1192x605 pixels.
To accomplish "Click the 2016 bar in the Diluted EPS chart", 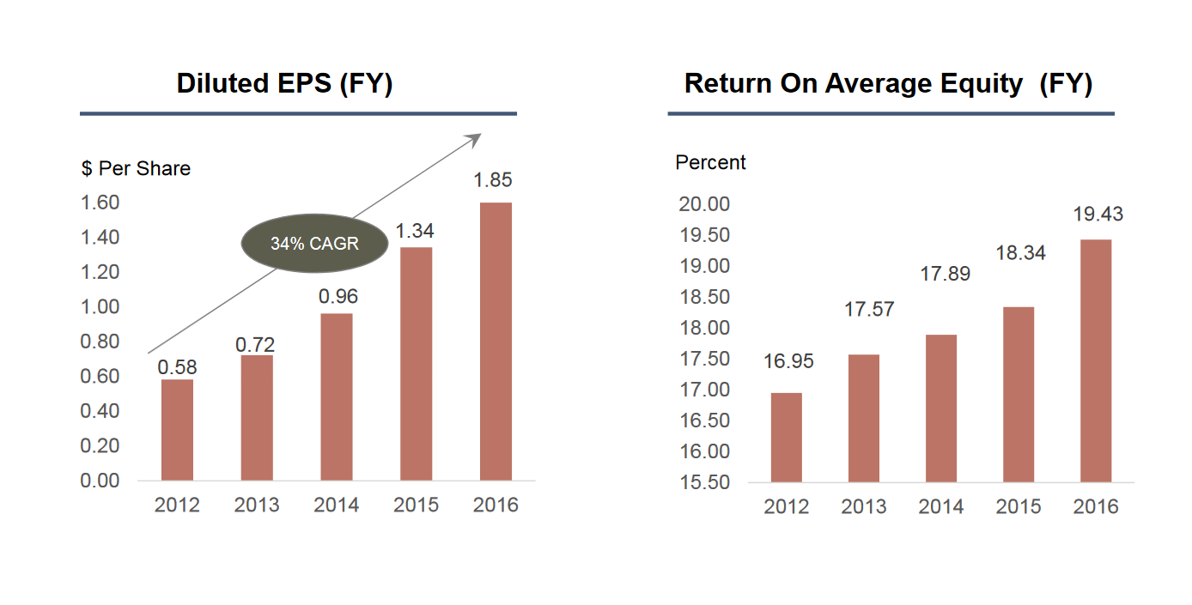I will [496, 342].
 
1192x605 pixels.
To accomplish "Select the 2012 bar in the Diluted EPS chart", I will [177, 430].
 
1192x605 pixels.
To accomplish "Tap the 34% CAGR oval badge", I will [314, 244].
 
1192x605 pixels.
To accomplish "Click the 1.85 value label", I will [493, 180].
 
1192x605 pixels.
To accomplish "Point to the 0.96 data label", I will [338, 297].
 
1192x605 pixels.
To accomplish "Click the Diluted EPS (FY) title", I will [284, 84].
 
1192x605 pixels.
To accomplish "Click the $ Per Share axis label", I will [136, 168].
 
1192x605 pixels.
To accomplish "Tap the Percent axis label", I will [710, 162].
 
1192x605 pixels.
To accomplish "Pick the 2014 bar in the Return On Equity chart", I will [940, 408].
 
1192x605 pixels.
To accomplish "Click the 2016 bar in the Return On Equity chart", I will [1096, 360].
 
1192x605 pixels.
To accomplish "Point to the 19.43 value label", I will [1098, 215].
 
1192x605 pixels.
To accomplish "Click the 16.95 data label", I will [788, 361].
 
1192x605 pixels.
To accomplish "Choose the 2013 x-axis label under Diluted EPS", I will [256, 505].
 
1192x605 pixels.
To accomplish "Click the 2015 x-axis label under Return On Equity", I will [1018, 507].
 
